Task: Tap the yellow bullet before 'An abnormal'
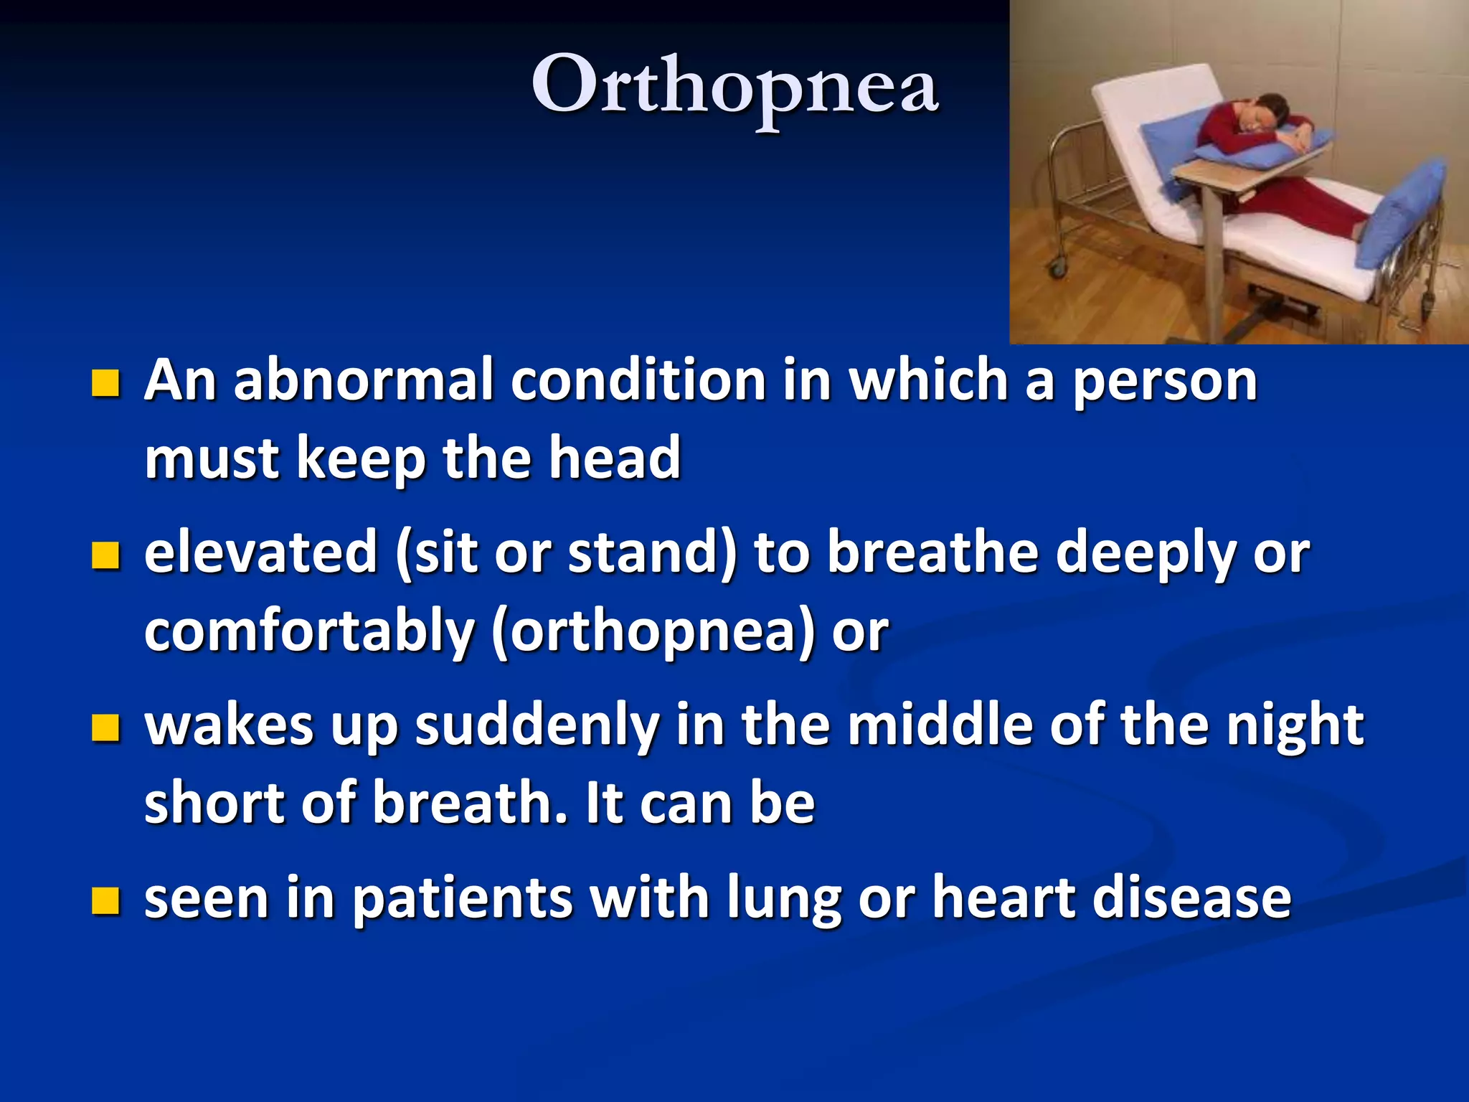click(105, 383)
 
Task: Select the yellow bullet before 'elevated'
click(105, 555)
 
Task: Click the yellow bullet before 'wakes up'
click(105, 727)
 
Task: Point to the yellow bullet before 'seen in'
click(105, 900)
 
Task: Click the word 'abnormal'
click(364, 380)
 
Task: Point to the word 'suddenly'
click(537, 726)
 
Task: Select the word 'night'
click(1294, 726)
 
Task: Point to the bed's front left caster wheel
click(1057, 270)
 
